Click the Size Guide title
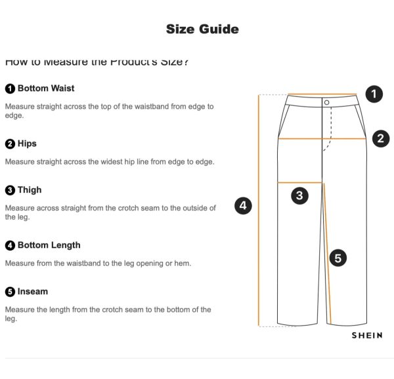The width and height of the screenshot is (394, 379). [x=202, y=29]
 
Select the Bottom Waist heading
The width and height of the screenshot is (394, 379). [x=45, y=88]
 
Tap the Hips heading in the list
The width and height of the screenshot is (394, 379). [x=27, y=143]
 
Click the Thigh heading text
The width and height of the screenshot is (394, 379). [x=30, y=189]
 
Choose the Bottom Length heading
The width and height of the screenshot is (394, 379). [x=49, y=245]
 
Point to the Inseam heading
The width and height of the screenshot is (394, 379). [x=32, y=291]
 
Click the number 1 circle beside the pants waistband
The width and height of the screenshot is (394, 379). [x=373, y=94]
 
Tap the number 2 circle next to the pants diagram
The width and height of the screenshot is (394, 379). [x=381, y=138]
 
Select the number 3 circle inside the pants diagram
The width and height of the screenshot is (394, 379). [x=299, y=195]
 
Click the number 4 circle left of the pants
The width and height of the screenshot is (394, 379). [x=244, y=205]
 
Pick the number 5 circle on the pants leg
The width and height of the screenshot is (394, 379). [x=337, y=258]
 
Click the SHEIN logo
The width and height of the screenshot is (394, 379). [x=366, y=335]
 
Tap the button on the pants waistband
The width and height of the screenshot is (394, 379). [x=326, y=102]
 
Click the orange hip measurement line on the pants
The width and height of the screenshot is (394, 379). [x=321, y=139]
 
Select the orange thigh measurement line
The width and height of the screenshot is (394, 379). [x=301, y=182]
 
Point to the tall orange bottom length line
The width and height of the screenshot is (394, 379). [x=260, y=211]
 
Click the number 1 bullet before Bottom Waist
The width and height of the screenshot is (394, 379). [x=10, y=88]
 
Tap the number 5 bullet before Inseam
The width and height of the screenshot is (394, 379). [x=10, y=291]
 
